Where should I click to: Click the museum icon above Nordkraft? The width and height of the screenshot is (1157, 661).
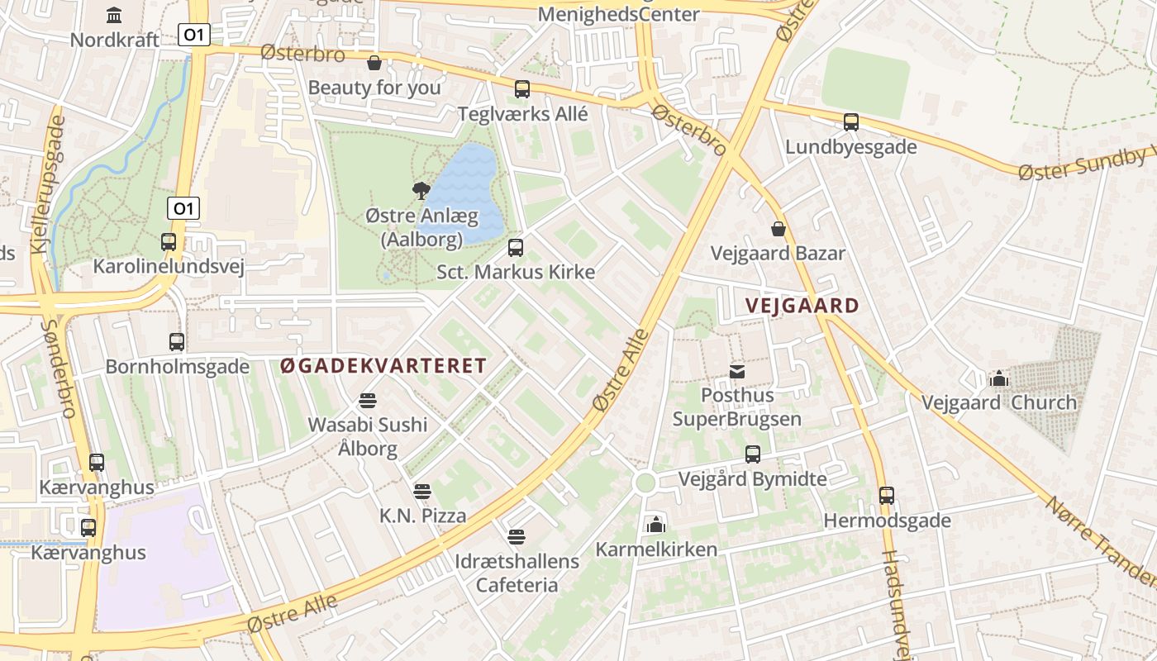(114, 15)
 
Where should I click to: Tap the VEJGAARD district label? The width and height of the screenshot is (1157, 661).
(802, 306)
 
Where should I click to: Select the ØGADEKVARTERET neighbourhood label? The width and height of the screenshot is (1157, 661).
(383, 366)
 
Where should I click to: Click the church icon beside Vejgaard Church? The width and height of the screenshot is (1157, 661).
(998, 379)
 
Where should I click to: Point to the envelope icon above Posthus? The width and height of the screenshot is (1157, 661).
(736, 372)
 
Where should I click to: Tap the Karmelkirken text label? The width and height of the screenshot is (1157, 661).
(656, 549)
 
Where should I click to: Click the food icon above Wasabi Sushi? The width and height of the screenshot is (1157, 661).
(368, 401)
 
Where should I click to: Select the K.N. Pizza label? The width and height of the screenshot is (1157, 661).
(422, 516)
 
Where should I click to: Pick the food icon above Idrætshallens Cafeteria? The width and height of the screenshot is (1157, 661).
(517, 537)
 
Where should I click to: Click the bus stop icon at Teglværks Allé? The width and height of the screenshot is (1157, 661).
(521, 89)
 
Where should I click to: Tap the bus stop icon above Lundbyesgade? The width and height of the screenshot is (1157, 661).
(851, 122)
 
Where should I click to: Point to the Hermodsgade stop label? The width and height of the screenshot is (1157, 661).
(887, 521)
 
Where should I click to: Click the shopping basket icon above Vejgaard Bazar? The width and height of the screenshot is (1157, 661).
(778, 228)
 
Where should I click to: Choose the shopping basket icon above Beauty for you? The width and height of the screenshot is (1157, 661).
(374, 63)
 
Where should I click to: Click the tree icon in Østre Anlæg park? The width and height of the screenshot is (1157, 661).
(421, 191)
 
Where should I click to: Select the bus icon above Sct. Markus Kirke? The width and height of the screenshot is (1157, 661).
(516, 247)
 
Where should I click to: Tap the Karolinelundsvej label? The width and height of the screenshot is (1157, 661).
(168, 266)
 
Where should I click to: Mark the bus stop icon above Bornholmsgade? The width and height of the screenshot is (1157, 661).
(177, 341)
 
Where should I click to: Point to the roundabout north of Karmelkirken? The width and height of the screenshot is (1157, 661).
(645, 483)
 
